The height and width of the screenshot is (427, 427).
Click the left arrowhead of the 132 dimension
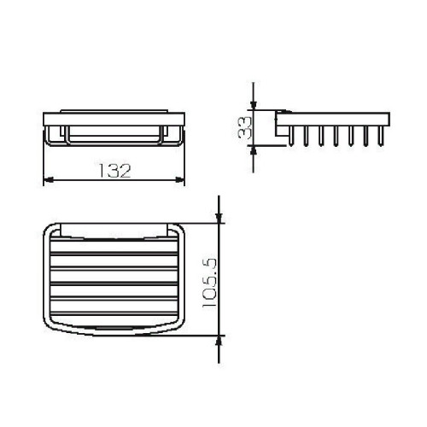[x=47, y=178]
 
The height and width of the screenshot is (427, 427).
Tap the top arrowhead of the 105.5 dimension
[x=219, y=219]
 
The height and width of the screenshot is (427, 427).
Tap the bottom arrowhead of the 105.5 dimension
[x=219, y=336]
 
